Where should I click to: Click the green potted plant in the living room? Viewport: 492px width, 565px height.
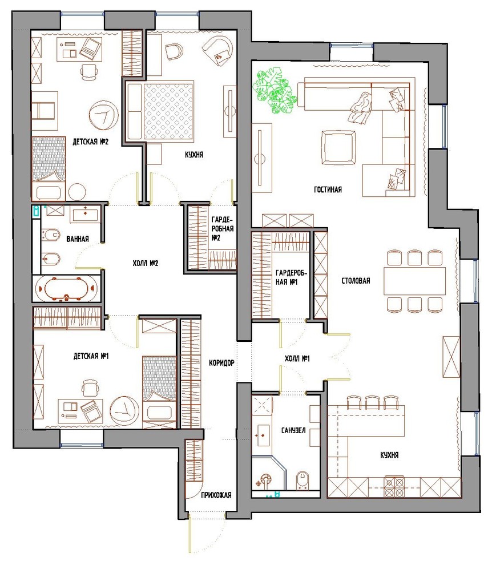coord(275,91)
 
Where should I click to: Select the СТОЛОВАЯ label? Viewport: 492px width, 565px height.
coord(356,281)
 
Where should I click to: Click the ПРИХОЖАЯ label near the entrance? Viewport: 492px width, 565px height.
coord(216,495)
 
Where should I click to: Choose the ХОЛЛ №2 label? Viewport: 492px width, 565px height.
coord(145,263)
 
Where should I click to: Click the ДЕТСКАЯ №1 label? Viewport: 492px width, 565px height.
coord(91,356)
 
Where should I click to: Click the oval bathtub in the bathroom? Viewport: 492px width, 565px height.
coord(67,288)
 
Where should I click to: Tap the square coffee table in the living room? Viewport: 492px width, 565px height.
coord(339,147)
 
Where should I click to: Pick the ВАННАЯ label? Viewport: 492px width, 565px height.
coord(76,239)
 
